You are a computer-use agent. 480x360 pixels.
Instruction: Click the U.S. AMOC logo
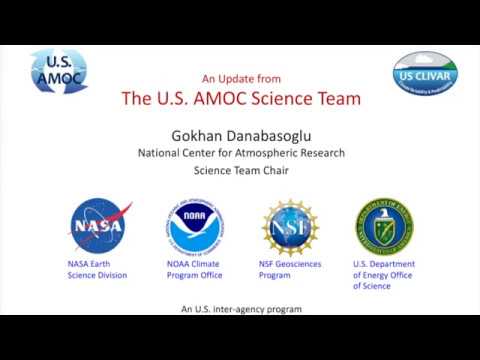[59, 71]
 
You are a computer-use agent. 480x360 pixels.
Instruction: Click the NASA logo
[99, 226]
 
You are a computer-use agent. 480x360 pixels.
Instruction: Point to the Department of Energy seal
[385, 225]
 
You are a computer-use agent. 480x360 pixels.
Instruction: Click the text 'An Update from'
[241, 78]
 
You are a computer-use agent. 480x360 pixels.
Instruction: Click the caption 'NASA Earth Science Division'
[97, 269]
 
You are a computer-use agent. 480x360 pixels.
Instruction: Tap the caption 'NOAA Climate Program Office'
[194, 269]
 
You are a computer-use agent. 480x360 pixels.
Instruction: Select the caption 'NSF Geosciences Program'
[289, 269]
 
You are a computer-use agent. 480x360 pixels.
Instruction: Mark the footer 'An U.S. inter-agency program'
[241, 309]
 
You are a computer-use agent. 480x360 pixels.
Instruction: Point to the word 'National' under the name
[161, 153]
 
